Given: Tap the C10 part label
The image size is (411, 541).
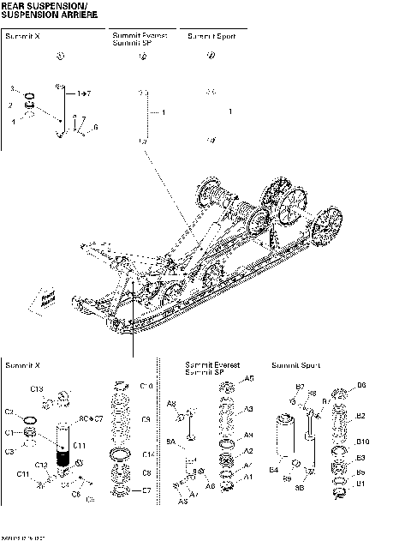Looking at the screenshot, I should pos(146,387).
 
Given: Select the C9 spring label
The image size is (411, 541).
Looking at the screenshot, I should pos(146,419).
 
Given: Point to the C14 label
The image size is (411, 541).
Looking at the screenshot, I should pos(148,454).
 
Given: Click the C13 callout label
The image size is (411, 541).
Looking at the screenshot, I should pos(37,390).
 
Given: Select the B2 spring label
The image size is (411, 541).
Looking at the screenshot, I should pos(361,416).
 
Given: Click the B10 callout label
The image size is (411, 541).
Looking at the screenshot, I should pos(362,442).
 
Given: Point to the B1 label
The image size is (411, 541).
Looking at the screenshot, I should pos(360,484).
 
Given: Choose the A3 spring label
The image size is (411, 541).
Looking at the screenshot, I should pos(249,410).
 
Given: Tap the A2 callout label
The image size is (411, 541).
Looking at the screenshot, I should pos(249,450).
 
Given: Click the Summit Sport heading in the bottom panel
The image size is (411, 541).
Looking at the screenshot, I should pos(296,366).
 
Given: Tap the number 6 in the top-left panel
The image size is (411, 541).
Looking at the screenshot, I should pos(95,127).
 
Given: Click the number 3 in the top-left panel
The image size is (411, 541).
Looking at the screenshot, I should pos(11,88).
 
